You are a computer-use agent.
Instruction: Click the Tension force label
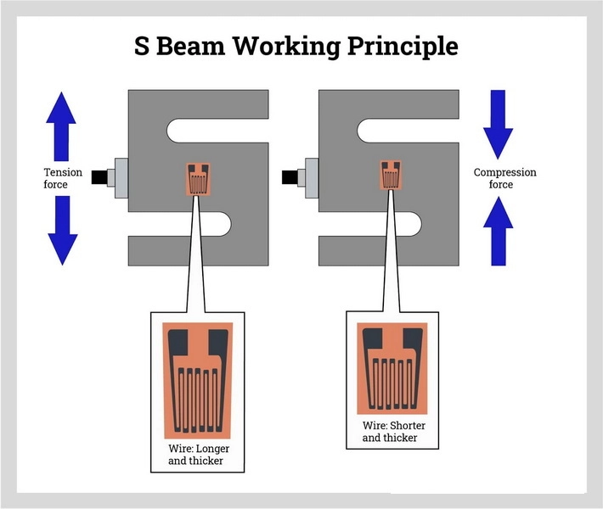[x=63, y=178]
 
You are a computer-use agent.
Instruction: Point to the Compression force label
[x=504, y=178]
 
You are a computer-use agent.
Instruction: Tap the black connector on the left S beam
[x=101, y=177]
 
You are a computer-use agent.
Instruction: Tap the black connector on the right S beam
[x=292, y=177]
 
